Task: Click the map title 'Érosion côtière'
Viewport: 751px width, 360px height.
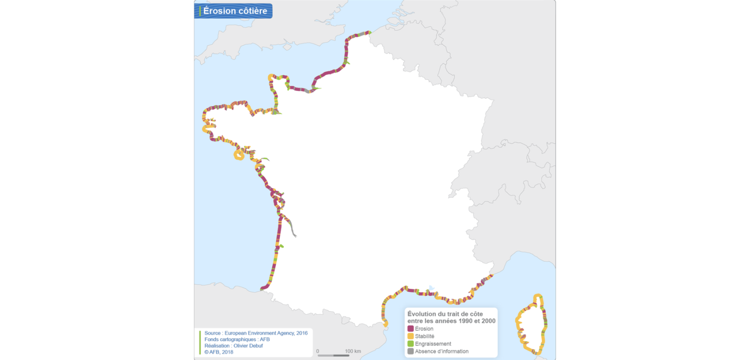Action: [x=235, y=11]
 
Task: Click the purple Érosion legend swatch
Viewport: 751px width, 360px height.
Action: [x=410, y=329]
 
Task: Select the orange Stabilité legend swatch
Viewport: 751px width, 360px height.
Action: [x=410, y=336]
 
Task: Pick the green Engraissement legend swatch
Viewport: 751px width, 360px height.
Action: [x=410, y=344]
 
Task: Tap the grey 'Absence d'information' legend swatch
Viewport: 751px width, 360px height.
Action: [x=410, y=351]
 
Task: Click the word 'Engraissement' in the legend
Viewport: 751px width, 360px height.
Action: [x=433, y=344]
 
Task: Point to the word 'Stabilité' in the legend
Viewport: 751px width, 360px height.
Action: [x=424, y=336]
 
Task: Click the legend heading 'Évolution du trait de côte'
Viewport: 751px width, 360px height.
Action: [x=445, y=314]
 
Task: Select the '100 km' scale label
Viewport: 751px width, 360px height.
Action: [x=353, y=351]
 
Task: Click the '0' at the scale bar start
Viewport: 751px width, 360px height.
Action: [x=318, y=351]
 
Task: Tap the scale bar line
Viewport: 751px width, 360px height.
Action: [x=333, y=356]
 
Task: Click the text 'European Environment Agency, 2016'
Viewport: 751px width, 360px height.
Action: [x=266, y=333]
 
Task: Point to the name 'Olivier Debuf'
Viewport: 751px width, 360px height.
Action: [x=248, y=346]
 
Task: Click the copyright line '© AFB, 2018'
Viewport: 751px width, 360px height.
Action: [x=219, y=352]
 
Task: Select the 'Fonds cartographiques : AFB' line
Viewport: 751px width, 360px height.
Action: [x=237, y=339]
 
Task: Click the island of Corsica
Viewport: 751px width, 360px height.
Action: [x=532, y=325]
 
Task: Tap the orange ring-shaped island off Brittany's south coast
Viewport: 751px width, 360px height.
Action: [x=239, y=155]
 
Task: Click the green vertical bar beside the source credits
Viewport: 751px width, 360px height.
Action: [x=200, y=342]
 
